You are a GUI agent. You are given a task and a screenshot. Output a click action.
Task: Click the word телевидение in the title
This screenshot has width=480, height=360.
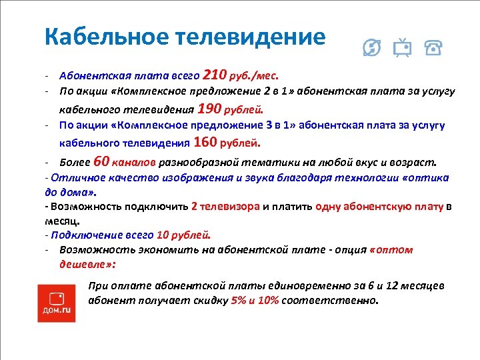256,37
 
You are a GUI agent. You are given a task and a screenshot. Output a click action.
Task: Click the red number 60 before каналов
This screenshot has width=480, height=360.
101,161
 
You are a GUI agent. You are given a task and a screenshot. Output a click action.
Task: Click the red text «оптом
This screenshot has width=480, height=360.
391,249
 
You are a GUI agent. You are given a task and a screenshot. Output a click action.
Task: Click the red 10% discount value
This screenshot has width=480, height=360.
267,300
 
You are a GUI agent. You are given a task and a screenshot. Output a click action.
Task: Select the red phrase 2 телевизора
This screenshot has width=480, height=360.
225,206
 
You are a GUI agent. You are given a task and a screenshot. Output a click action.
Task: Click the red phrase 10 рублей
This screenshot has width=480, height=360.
183,235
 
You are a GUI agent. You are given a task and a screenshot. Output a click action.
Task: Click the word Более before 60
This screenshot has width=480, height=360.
75,162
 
